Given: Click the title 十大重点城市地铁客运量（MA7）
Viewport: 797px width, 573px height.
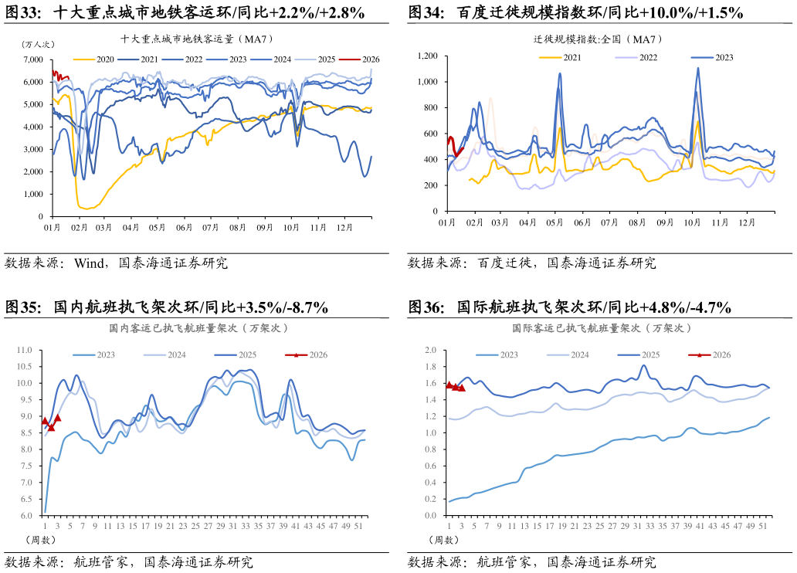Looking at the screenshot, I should tap(197, 39).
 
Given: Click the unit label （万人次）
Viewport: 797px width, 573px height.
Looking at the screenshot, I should tap(37, 44).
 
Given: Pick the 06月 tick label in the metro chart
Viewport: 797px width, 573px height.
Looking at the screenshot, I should tap(184, 228).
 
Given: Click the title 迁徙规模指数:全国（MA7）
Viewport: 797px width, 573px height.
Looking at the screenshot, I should tap(599, 39).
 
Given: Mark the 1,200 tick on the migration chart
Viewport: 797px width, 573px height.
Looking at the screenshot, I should tap(427, 56).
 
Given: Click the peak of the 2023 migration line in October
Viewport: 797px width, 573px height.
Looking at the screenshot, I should tap(698, 68).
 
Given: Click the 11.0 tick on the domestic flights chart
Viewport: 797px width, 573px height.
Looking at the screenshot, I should tap(25, 350).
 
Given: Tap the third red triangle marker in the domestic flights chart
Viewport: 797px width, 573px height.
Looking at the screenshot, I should tap(57, 417).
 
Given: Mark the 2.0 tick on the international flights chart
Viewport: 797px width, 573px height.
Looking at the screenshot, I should tap(430, 350).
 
